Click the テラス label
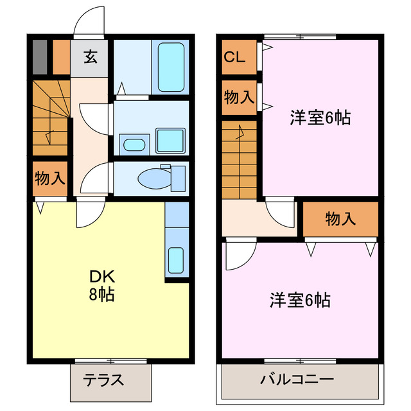point(103,380)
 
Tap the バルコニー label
point(297,380)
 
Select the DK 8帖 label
point(102,286)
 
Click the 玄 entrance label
point(90,57)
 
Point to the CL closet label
point(235,57)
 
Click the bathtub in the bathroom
point(171,67)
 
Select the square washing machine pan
point(170,139)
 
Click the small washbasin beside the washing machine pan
point(134,144)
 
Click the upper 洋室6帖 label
point(320,118)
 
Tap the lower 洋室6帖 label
point(300,300)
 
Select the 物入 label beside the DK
point(49,179)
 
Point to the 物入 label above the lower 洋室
point(340,219)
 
